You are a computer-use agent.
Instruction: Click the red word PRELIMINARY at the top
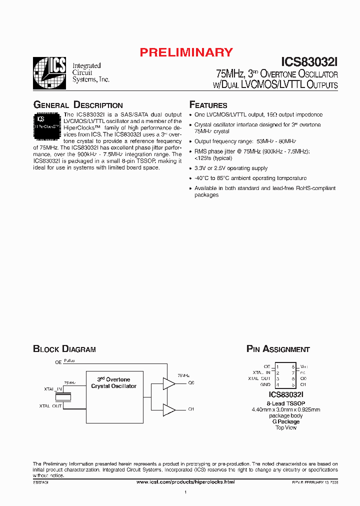click(186, 52)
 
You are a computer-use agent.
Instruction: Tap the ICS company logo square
click(49, 73)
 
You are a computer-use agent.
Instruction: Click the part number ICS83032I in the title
click(309, 62)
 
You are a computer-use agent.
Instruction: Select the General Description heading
click(77, 105)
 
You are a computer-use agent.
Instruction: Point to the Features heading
click(208, 105)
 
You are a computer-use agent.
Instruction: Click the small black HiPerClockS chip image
click(48, 123)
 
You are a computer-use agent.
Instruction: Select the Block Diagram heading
click(64, 349)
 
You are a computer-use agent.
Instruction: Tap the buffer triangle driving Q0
click(168, 383)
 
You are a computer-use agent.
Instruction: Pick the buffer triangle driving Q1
click(168, 410)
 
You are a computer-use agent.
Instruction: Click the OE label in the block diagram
click(58, 361)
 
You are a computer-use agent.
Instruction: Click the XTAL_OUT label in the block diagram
click(50, 406)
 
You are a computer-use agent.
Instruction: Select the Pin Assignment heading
click(278, 349)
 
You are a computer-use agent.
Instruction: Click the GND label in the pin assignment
click(265, 384)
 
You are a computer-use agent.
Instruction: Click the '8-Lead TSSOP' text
click(286, 403)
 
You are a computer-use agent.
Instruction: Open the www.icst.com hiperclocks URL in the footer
click(185, 481)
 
